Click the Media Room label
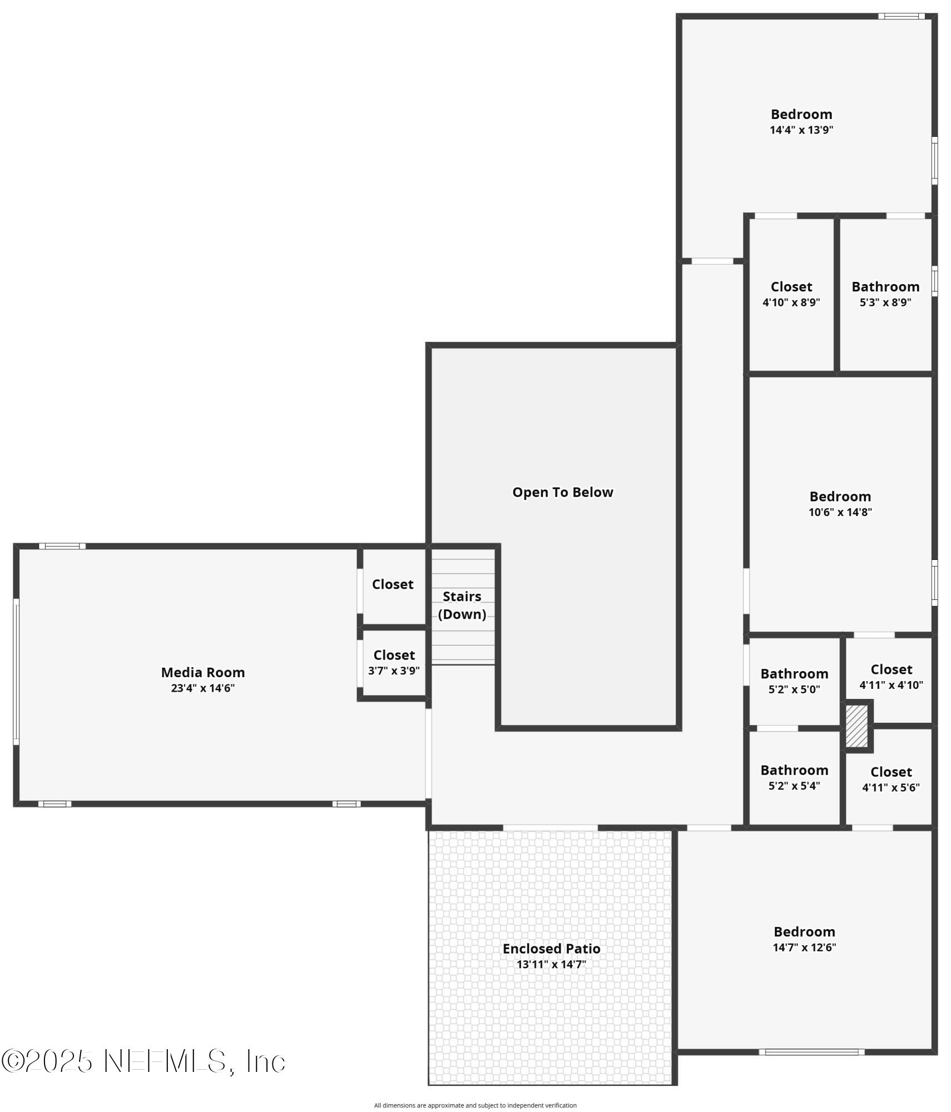[202, 672]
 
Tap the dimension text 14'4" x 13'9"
[801, 130]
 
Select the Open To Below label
[562, 492]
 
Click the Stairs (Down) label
[462, 605]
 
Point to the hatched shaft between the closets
[856, 726]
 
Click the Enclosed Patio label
[551, 949]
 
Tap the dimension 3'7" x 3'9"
[394, 671]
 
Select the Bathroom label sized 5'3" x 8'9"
[885, 287]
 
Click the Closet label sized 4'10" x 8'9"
[791, 287]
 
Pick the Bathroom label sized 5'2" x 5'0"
[794, 674]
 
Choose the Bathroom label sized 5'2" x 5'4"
[794, 770]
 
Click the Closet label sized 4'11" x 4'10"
[891, 669]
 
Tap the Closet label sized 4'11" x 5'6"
[891, 772]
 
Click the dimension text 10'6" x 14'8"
[840, 512]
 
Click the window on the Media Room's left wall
[16, 672]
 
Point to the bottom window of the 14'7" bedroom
[811, 1052]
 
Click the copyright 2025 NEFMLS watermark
[143, 1061]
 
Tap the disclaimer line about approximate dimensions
[475, 1105]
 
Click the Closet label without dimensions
[393, 584]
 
